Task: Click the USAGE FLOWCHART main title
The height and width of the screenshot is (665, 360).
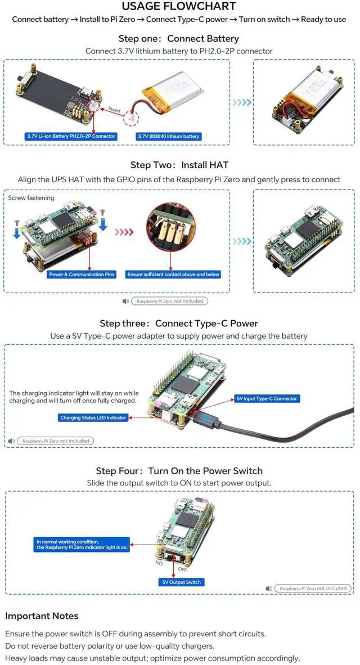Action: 179,7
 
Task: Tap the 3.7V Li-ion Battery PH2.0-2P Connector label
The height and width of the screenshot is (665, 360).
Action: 71,136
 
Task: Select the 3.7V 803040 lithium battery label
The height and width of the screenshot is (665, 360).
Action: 169,136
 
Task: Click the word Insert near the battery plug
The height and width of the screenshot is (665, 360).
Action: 114,110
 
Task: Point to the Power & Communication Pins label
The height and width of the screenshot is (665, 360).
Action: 82,275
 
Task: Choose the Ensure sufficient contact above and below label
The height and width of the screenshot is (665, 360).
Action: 173,275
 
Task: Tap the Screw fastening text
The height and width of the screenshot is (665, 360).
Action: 31,198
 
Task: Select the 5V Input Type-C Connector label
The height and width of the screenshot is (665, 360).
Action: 267,398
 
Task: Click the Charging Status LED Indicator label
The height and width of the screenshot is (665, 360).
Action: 93,417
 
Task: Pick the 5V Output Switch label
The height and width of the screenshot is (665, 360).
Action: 180,582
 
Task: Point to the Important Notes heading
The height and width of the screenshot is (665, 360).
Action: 42,615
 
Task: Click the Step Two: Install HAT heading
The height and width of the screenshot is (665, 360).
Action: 179,165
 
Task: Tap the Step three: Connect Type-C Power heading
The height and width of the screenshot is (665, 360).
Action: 179,323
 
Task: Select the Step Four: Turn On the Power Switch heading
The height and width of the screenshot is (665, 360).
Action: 179,471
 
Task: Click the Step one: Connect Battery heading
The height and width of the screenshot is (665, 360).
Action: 178,39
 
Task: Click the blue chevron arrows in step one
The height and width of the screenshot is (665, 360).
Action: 242,103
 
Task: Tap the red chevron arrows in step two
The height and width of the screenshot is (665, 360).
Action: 124,231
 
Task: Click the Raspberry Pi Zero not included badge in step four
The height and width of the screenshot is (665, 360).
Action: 313,588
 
